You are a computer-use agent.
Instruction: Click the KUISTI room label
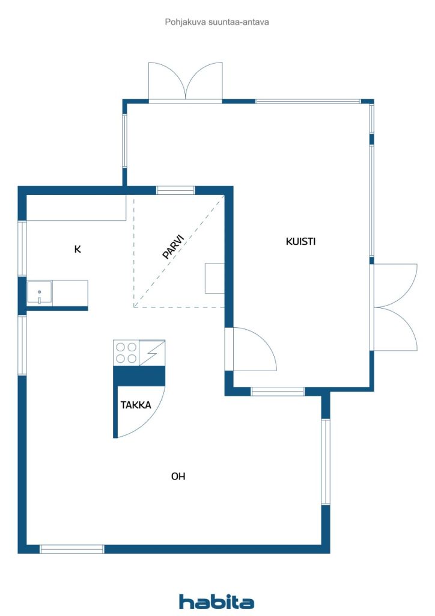tap(300, 241)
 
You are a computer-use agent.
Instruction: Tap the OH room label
tap(178, 476)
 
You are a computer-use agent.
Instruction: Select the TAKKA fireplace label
tap(136, 405)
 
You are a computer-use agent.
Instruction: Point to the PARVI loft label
tap(173, 247)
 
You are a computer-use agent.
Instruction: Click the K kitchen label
tap(78, 249)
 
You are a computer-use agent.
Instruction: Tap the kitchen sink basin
tap(40, 293)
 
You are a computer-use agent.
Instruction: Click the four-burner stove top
tap(126, 353)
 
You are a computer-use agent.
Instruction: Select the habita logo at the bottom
tap(216, 602)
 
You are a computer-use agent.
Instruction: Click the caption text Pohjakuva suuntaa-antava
tap(217, 22)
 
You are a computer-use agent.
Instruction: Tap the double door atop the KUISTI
tap(186, 82)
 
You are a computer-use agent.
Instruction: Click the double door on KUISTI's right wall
tap(394, 307)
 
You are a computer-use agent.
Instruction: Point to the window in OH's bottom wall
tap(72, 549)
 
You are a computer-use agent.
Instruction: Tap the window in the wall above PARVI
tap(175, 191)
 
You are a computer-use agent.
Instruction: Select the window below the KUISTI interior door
tap(278, 391)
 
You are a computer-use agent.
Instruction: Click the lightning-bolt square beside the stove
tap(152, 353)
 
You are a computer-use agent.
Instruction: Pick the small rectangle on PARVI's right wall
tap(214, 278)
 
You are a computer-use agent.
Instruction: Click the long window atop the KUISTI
tap(308, 101)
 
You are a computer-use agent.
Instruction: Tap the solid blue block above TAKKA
tap(139, 376)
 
